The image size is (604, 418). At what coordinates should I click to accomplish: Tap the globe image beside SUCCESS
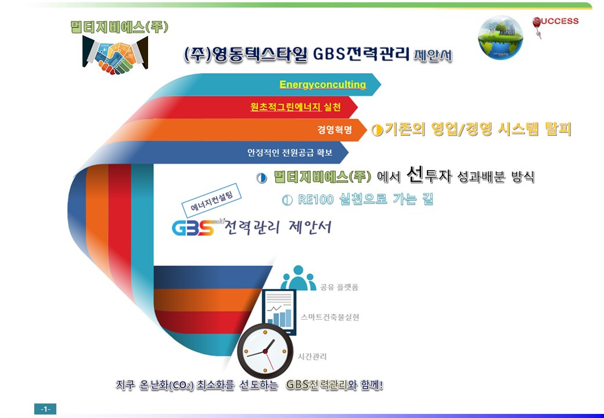click(501, 38)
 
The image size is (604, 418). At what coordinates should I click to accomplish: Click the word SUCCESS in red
click(556, 21)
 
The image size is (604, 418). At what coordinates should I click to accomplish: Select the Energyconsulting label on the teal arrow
click(322, 84)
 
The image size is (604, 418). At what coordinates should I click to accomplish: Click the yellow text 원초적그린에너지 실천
click(296, 106)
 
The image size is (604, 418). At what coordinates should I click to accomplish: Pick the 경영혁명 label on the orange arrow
click(335, 129)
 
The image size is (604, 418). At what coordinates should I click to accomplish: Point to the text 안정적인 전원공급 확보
click(290, 153)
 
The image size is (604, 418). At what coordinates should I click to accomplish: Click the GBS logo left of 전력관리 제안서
click(193, 227)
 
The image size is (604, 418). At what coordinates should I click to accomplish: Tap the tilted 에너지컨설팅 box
click(211, 200)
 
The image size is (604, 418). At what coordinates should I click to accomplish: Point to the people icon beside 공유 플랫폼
click(298, 278)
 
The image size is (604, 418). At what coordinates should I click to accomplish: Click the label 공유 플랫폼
click(339, 287)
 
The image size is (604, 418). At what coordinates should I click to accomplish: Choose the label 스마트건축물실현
click(330, 317)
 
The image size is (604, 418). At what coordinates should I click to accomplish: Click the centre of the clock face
click(265, 351)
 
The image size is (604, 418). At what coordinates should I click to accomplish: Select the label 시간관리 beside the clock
click(312, 356)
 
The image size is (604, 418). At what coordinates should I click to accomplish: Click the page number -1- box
click(45, 409)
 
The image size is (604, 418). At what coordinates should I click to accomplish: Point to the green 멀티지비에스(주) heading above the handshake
click(120, 27)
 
